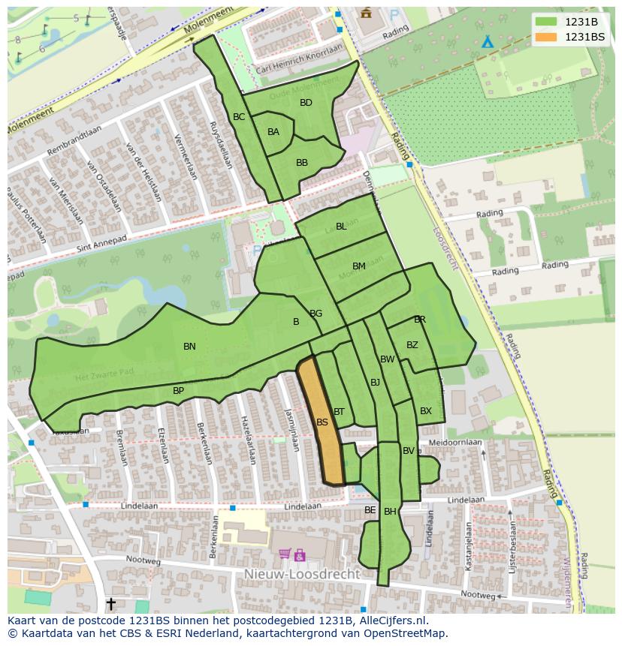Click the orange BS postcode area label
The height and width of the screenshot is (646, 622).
click(x=322, y=422)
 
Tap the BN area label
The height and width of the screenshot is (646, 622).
click(x=189, y=347)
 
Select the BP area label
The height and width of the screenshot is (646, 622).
click(x=178, y=391)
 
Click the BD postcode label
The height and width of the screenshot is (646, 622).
click(x=306, y=103)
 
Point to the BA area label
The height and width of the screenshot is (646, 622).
click(x=273, y=132)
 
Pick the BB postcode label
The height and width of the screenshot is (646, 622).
click(x=302, y=163)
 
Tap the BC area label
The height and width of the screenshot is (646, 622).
click(x=239, y=117)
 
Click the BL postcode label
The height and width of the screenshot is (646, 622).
click(x=341, y=227)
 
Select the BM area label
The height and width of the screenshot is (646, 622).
click(x=359, y=266)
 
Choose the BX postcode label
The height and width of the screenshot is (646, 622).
click(x=426, y=411)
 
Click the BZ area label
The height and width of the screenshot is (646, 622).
click(x=412, y=345)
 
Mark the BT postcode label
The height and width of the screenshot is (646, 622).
click(x=339, y=412)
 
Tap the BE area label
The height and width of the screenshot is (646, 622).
click(x=370, y=510)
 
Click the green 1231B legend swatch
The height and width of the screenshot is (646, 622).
click(x=546, y=22)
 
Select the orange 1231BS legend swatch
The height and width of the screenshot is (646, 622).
click(x=546, y=37)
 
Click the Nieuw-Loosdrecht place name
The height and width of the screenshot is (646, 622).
click(x=302, y=574)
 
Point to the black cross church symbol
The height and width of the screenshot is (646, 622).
click(x=111, y=603)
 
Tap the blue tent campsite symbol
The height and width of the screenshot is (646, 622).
click(x=488, y=42)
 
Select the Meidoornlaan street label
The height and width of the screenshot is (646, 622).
click(x=454, y=443)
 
